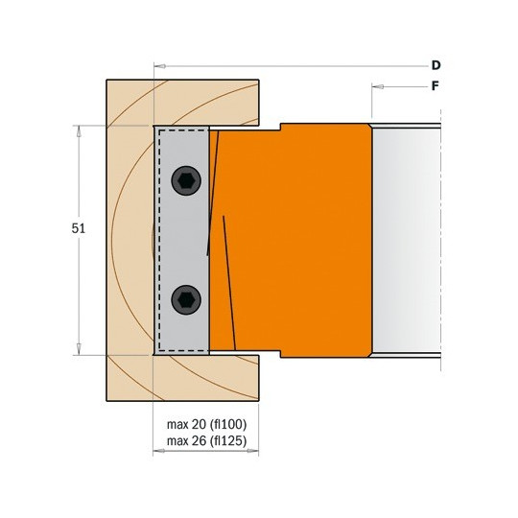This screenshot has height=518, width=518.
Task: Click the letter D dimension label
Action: pos(436,65)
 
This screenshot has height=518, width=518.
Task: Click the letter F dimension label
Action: pos(436,86)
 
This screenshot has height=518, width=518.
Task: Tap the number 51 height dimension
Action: pos(79,228)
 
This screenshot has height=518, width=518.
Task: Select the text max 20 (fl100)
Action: pos(207,425)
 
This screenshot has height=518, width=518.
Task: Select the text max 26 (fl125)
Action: pos(207,440)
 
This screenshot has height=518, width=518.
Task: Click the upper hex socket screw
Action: pos(186,180)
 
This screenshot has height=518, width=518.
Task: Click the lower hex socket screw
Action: pos(186,300)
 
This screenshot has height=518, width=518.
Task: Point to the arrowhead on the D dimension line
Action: pos(160,66)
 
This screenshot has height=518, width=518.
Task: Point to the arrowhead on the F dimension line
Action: pos(378,87)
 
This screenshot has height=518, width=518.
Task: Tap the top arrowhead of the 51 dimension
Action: pos(79,131)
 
